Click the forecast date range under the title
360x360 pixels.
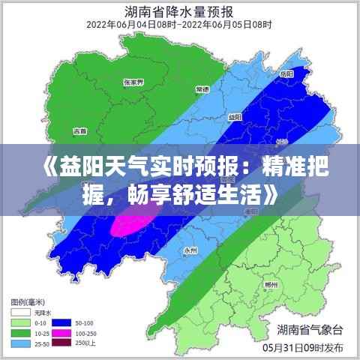point(179,25)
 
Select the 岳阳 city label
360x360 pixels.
point(286,74)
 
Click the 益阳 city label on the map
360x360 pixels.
point(235,117)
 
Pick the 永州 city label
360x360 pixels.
point(190,250)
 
